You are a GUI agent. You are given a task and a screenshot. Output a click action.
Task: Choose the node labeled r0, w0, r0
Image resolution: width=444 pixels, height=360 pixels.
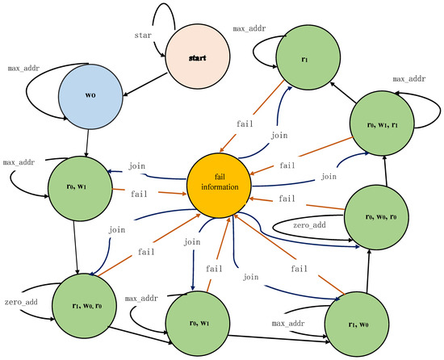click(x=377, y=216)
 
